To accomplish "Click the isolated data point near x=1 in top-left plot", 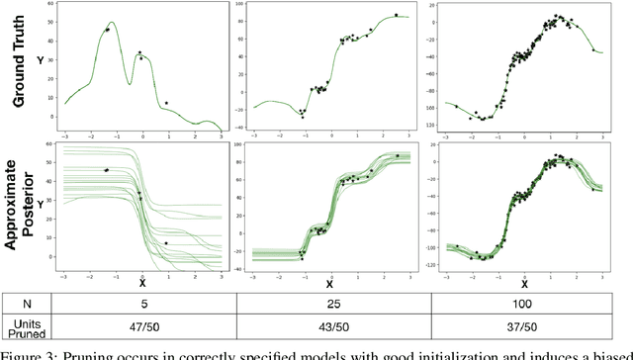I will pyautogui.click(x=166, y=103).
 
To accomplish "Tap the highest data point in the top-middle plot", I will pyautogui.click(x=396, y=15).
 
